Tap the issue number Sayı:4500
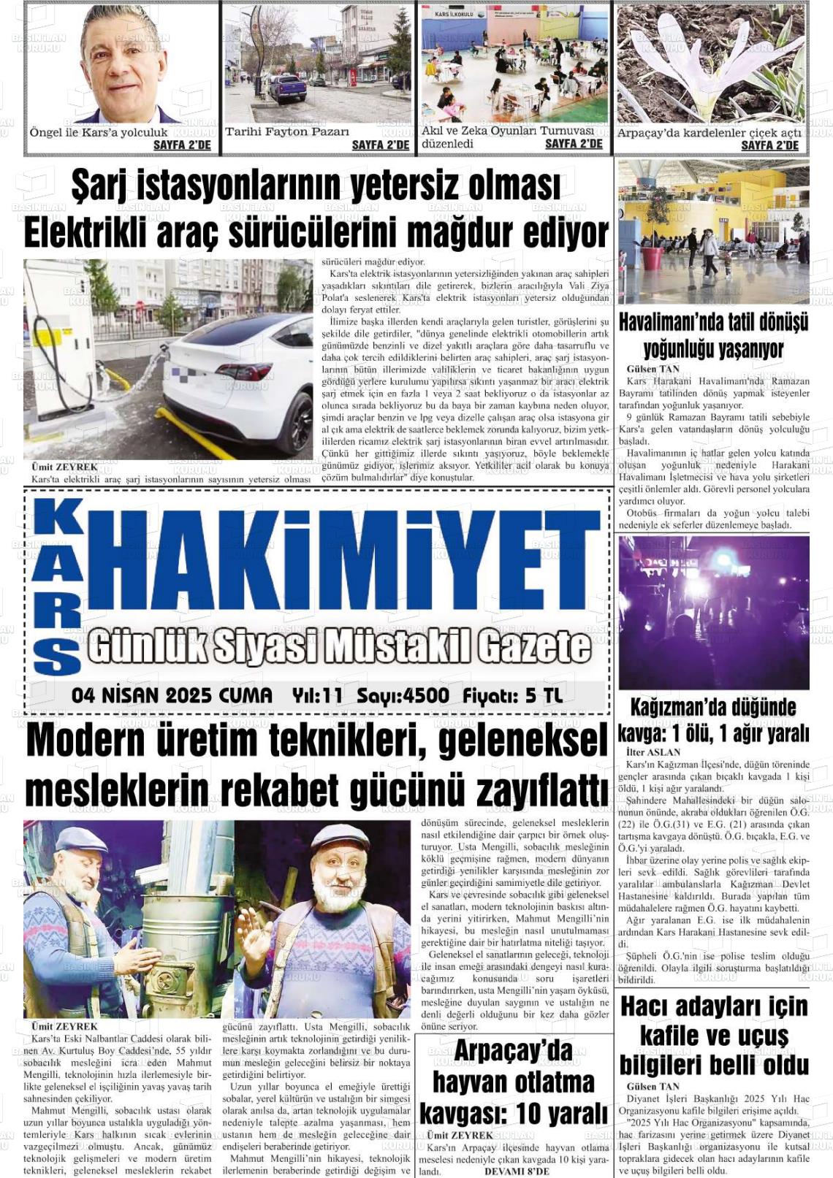tap(403, 695)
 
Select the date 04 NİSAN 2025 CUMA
tap(172, 695)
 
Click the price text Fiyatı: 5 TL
tap(513, 695)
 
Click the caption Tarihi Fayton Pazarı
tap(287, 132)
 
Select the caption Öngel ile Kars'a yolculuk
tap(99, 133)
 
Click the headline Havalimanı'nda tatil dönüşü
tap(713, 321)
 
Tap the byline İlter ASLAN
tap(653, 751)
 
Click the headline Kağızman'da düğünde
tap(713, 707)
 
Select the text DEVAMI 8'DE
tap(517, 1171)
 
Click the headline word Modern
tap(86, 742)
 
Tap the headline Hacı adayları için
tap(713, 1006)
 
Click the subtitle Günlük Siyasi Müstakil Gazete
tap(340, 646)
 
